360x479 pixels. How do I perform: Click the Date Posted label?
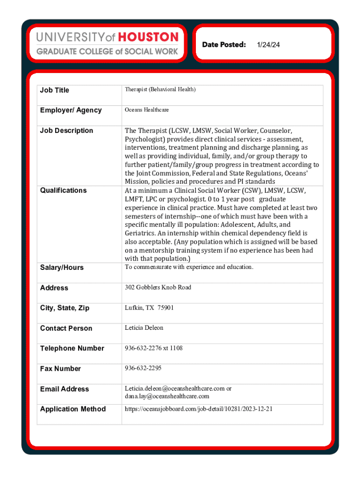point(224,44)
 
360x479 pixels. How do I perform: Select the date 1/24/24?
point(268,44)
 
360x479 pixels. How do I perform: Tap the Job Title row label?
point(54,90)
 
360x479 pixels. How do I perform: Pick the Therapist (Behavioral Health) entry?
point(160,89)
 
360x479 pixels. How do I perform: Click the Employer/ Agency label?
point(71,110)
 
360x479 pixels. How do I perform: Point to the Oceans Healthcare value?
point(146,110)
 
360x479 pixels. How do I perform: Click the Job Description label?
point(66,131)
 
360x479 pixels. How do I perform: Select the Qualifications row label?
point(63,190)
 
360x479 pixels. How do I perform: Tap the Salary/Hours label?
point(62,268)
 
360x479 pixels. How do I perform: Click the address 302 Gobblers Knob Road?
point(158,287)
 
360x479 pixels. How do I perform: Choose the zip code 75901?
point(166,308)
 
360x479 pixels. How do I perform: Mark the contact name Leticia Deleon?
point(144,328)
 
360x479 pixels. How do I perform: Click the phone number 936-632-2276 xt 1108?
point(153,348)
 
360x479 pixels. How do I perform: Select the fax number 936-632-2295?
point(143,368)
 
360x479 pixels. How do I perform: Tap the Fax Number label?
point(60,369)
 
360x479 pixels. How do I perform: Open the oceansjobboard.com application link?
point(198,409)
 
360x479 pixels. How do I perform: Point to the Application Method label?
point(73,409)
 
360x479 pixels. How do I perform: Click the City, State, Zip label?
point(65,308)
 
